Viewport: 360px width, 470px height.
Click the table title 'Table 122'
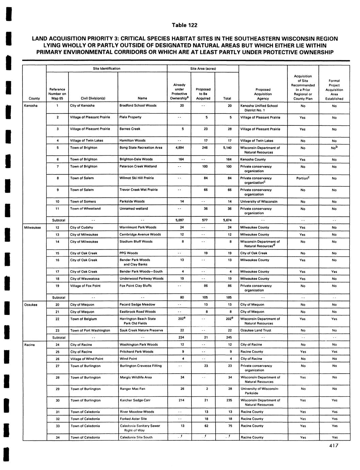click(x=184, y=25)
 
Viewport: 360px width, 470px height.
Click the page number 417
click(x=333, y=445)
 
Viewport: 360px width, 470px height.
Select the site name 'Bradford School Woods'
click(x=138, y=106)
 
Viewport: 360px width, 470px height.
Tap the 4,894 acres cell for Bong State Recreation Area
click(x=179, y=148)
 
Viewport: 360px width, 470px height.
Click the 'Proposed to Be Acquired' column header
click(x=203, y=94)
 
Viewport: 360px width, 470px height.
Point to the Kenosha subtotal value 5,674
click(x=227, y=220)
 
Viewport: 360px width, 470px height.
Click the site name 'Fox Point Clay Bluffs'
click(x=136, y=286)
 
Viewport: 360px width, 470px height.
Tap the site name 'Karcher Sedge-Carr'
click(x=135, y=400)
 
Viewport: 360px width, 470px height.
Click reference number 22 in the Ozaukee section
click(x=57, y=319)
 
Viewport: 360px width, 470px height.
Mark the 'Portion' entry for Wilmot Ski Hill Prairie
click(x=302, y=178)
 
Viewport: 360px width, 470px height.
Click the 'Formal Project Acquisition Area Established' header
click(x=334, y=90)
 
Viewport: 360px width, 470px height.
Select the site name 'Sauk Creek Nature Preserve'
click(x=141, y=330)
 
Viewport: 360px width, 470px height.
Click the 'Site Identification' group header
click(x=107, y=69)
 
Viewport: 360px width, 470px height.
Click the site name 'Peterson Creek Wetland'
click(x=138, y=167)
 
